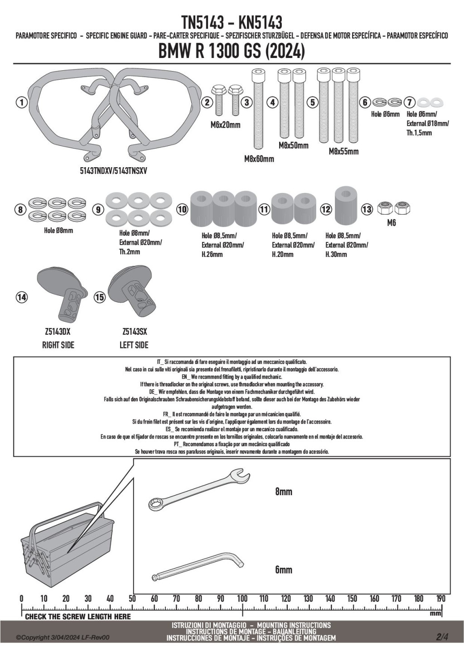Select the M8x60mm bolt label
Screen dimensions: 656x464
click(x=259, y=159)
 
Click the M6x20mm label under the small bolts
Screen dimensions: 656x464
click(x=225, y=125)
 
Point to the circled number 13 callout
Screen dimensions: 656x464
click(x=367, y=209)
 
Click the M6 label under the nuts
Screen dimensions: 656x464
click(x=391, y=223)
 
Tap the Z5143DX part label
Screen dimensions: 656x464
click(x=58, y=332)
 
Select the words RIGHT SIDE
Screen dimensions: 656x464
click(x=58, y=345)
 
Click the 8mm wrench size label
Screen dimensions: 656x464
click(x=284, y=492)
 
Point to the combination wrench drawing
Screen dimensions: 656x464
click(x=199, y=489)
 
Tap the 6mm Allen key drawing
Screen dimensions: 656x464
click(x=199, y=564)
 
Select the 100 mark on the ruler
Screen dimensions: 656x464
click(x=242, y=599)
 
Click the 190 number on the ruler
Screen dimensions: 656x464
click(x=441, y=599)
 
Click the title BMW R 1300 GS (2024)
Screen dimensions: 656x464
click(x=232, y=52)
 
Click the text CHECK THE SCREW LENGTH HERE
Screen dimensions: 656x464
click(x=77, y=617)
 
